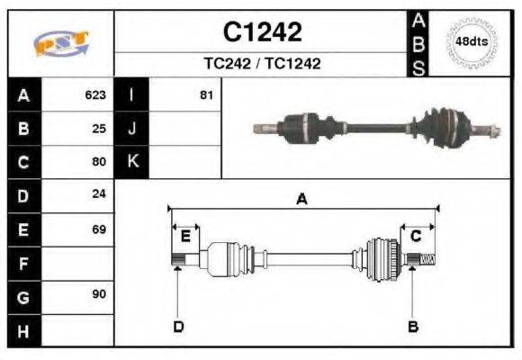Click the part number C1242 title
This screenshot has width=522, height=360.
tap(262, 32)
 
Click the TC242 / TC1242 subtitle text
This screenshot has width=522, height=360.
tap(262, 64)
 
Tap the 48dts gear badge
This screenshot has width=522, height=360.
tap(472, 42)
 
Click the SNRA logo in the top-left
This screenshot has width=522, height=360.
tap(61, 43)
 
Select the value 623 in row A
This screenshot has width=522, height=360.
tap(95, 94)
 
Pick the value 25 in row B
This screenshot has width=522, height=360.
tap(99, 128)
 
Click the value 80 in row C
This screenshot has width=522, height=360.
tap(99, 162)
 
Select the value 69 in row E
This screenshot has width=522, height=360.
tap(99, 229)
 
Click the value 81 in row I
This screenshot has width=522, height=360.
tap(206, 94)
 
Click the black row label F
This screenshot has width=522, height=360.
tap(23, 264)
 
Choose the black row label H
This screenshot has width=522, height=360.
tap(23, 330)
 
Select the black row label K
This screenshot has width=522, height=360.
tap(131, 162)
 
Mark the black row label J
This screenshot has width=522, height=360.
tap(131, 128)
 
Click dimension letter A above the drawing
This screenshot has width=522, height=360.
tap(301, 200)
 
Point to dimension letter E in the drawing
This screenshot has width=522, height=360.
tap(185, 237)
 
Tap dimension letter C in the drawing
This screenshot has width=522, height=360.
tap(416, 237)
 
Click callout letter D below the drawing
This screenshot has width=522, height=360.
tap(178, 326)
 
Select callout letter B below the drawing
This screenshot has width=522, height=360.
tap(413, 326)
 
